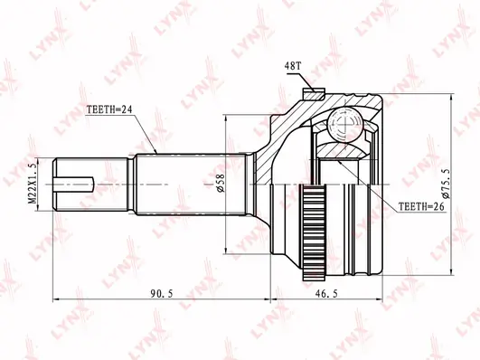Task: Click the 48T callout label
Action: tap(293, 65)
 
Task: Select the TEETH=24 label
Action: tap(109, 109)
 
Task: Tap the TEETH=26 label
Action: tap(421, 207)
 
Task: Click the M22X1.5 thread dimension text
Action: tap(33, 184)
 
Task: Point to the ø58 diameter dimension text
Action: tap(221, 184)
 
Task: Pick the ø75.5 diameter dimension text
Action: tap(446, 184)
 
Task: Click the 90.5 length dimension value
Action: tap(162, 294)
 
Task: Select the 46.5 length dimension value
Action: tap(326, 294)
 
